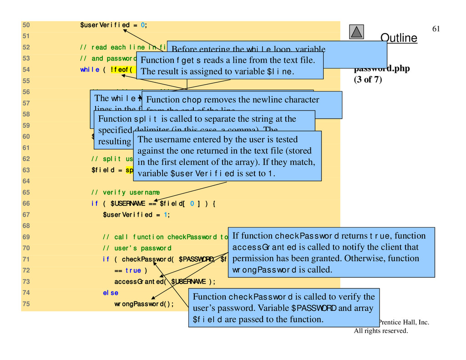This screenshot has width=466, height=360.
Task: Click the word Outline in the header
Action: (398, 38)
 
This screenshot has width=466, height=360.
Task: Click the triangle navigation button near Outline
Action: (357, 31)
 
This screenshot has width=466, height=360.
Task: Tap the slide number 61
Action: (436, 29)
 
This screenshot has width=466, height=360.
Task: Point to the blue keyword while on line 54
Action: (90, 70)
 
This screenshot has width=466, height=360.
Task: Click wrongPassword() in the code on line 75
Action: (144, 304)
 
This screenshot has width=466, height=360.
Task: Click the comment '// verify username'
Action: (125, 193)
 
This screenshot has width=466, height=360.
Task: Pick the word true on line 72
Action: (133, 271)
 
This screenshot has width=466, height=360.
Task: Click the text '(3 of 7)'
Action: (368, 79)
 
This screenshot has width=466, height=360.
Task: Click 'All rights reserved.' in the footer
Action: (381, 331)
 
